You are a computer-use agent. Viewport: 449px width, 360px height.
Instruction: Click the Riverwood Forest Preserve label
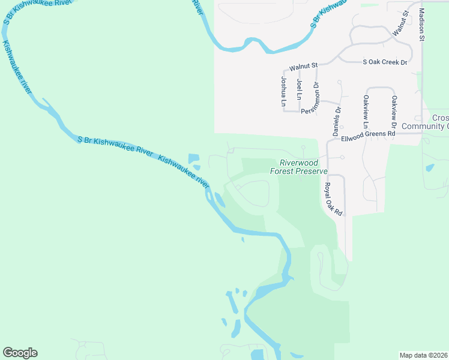298,167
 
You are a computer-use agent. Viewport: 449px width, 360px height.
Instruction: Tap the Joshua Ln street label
284,92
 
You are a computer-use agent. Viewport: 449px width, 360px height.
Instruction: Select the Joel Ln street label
299,89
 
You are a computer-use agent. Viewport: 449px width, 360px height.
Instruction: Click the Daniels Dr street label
337,120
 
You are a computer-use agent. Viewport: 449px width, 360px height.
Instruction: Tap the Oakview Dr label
394,112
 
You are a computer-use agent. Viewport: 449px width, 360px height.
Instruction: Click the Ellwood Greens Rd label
367,136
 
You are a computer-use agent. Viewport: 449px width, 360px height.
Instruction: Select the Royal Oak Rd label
333,200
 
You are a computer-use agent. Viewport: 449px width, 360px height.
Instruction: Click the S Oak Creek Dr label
385,62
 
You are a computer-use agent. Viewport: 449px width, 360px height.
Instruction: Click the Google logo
20,353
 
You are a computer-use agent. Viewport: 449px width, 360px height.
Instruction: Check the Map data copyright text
424,355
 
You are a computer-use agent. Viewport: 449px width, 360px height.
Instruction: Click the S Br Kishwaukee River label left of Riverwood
115,146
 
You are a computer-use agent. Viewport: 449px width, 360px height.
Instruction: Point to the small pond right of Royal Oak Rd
430,168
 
